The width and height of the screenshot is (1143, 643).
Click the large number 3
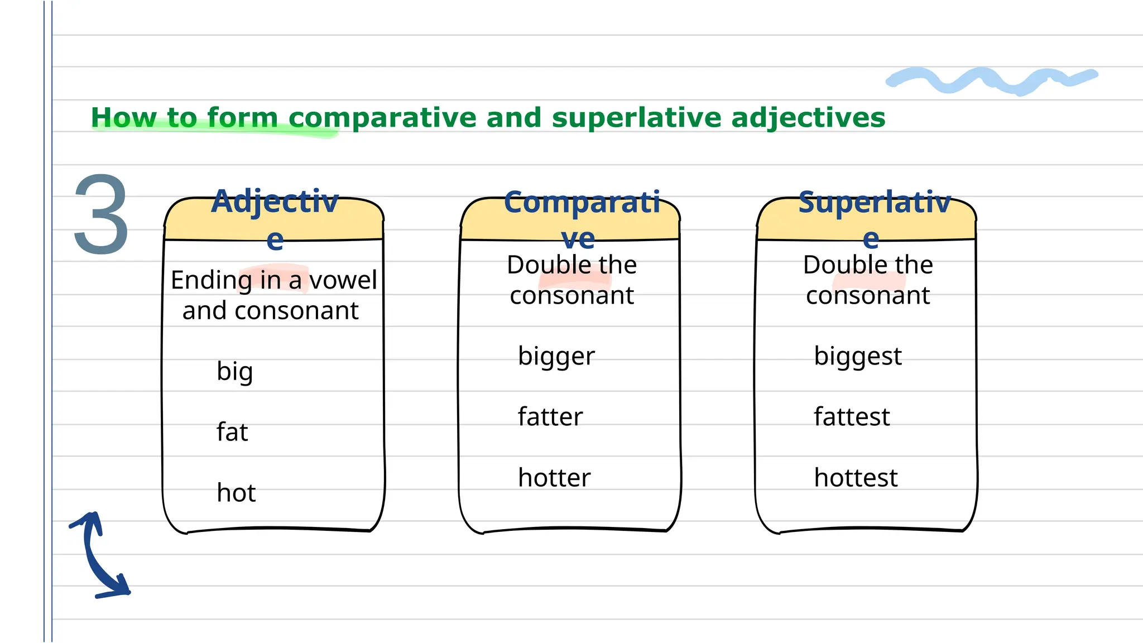click(x=101, y=214)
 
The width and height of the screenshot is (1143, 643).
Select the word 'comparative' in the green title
click(x=382, y=118)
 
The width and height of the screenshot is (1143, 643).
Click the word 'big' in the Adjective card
click(x=234, y=372)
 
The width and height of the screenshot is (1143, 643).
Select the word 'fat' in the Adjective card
click(x=232, y=432)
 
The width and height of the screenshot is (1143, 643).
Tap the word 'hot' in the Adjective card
click(x=236, y=493)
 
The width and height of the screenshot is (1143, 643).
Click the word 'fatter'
click(x=550, y=417)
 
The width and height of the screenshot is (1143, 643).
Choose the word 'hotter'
click(x=554, y=478)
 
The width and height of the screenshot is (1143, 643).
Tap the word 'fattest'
click(x=851, y=417)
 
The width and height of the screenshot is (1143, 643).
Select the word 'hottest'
click(x=856, y=478)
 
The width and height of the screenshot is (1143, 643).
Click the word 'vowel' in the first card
click(x=343, y=280)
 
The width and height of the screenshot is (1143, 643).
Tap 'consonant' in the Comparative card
click(x=571, y=295)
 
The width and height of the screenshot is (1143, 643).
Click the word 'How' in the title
click(x=123, y=118)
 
